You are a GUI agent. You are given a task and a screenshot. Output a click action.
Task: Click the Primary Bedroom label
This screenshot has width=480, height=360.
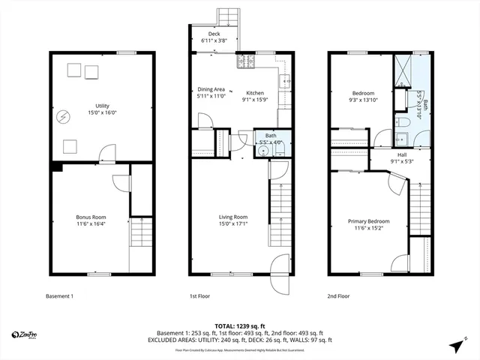pyautogui.click(x=368, y=220)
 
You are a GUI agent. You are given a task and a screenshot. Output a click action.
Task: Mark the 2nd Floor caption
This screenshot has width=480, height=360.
pyautogui.click(x=339, y=296)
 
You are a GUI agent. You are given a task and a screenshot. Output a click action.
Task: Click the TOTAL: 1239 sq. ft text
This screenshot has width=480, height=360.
pyautogui.click(x=239, y=325)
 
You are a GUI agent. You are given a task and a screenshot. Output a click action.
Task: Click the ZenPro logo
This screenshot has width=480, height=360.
pyautogui.click(x=26, y=334)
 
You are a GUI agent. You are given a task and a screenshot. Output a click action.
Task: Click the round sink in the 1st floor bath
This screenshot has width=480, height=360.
pyautogui.click(x=262, y=149)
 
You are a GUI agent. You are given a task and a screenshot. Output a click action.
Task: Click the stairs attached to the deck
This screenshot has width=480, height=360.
pyautogui.click(x=227, y=17)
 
